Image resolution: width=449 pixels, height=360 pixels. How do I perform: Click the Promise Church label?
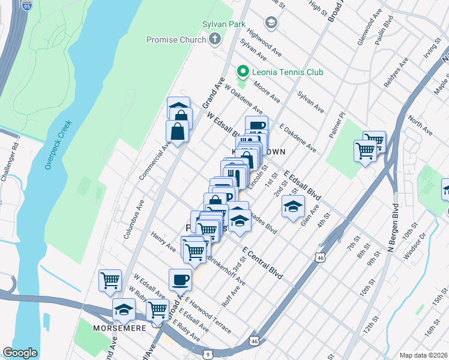[x=176, y=40]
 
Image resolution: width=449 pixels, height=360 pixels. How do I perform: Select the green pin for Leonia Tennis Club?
[x=243, y=72]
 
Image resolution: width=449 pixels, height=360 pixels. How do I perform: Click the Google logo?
[x=20, y=353]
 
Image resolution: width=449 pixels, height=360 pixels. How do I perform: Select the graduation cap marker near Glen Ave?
[x=292, y=207]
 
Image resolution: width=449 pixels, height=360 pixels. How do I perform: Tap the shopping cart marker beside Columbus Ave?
[x=110, y=280]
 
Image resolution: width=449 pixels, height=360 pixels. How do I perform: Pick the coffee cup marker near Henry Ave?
[x=180, y=279]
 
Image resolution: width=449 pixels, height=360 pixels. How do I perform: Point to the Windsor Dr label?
[x=416, y=247]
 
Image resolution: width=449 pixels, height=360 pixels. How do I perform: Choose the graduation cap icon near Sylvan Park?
[x=271, y=23]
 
